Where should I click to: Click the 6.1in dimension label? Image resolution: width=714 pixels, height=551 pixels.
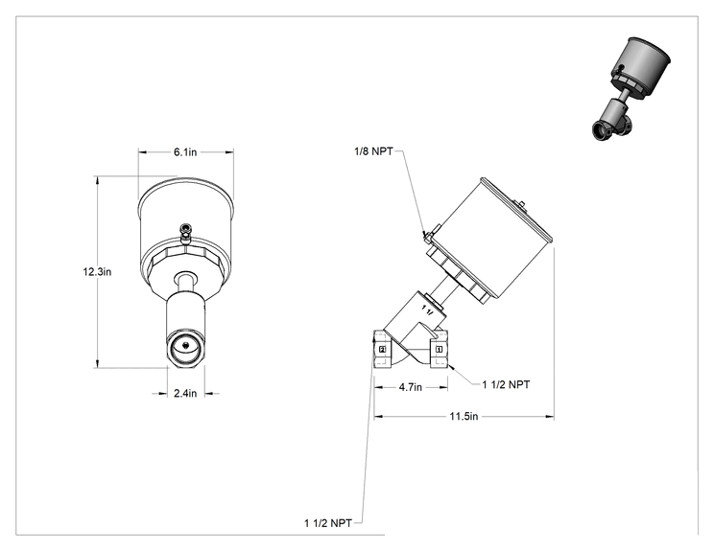185,151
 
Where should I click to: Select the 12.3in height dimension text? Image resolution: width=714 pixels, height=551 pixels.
97,272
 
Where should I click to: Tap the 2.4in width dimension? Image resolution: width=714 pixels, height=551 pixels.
185,393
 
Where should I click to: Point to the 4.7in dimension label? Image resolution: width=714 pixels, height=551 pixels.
411,387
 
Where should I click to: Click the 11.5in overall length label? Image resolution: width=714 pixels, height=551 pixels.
464,416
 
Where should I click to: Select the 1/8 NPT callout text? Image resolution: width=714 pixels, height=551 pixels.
373,151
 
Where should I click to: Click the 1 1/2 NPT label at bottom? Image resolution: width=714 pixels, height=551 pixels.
328,523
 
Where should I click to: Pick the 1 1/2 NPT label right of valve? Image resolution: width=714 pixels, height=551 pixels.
506,384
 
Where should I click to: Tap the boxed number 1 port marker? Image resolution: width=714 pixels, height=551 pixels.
439,349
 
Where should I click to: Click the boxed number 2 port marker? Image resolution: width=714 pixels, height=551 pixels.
383,349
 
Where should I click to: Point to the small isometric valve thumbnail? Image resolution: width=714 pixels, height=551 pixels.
631,89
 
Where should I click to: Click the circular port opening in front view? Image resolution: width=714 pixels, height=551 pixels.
186,348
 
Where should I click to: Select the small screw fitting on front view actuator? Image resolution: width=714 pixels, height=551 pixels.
186,233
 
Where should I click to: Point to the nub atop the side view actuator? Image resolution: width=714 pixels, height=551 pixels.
521,206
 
